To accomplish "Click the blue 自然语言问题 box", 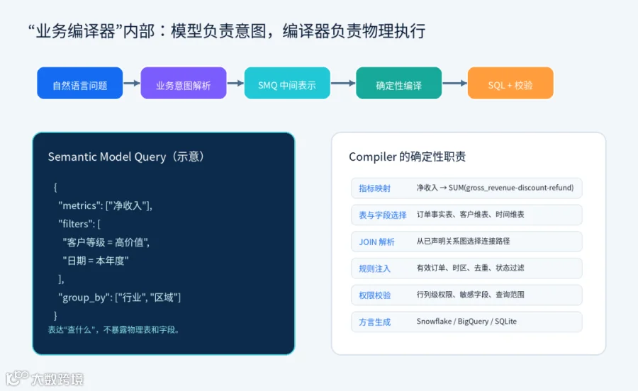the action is [x=79, y=83].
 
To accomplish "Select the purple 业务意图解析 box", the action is [x=184, y=83].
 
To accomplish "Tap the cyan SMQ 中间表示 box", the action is [x=287, y=83].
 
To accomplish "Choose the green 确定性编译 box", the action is [x=398, y=83].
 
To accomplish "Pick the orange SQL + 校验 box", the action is [x=510, y=83].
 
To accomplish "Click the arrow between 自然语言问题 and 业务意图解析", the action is [x=132, y=83].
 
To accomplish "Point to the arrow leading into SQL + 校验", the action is [x=455, y=83].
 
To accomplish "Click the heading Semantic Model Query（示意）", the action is [x=125, y=157].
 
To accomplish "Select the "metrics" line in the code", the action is [x=106, y=205].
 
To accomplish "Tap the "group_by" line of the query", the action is [x=120, y=297].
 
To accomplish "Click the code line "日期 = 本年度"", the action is [x=96, y=261].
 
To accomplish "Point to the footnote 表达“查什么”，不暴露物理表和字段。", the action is [x=114, y=329].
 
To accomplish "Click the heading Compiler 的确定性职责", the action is [x=408, y=157].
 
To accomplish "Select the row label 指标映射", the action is [x=375, y=188].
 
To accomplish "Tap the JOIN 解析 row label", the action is [x=377, y=242].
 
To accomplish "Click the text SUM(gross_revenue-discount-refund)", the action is [x=511, y=188].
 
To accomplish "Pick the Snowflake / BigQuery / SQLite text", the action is [x=466, y=322].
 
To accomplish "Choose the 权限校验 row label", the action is [x=375, y=295].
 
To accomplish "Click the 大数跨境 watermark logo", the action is [x=45, y=378].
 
